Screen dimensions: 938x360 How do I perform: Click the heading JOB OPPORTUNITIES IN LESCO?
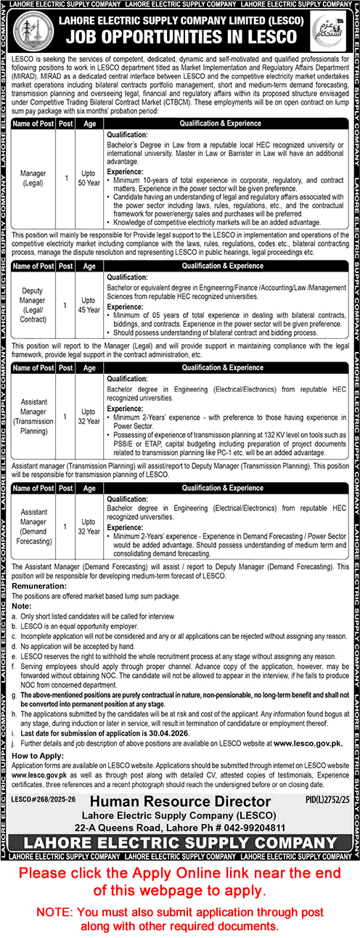180,38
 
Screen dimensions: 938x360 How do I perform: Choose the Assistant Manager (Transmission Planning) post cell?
33,417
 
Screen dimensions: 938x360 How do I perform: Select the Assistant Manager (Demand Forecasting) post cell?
33,510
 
